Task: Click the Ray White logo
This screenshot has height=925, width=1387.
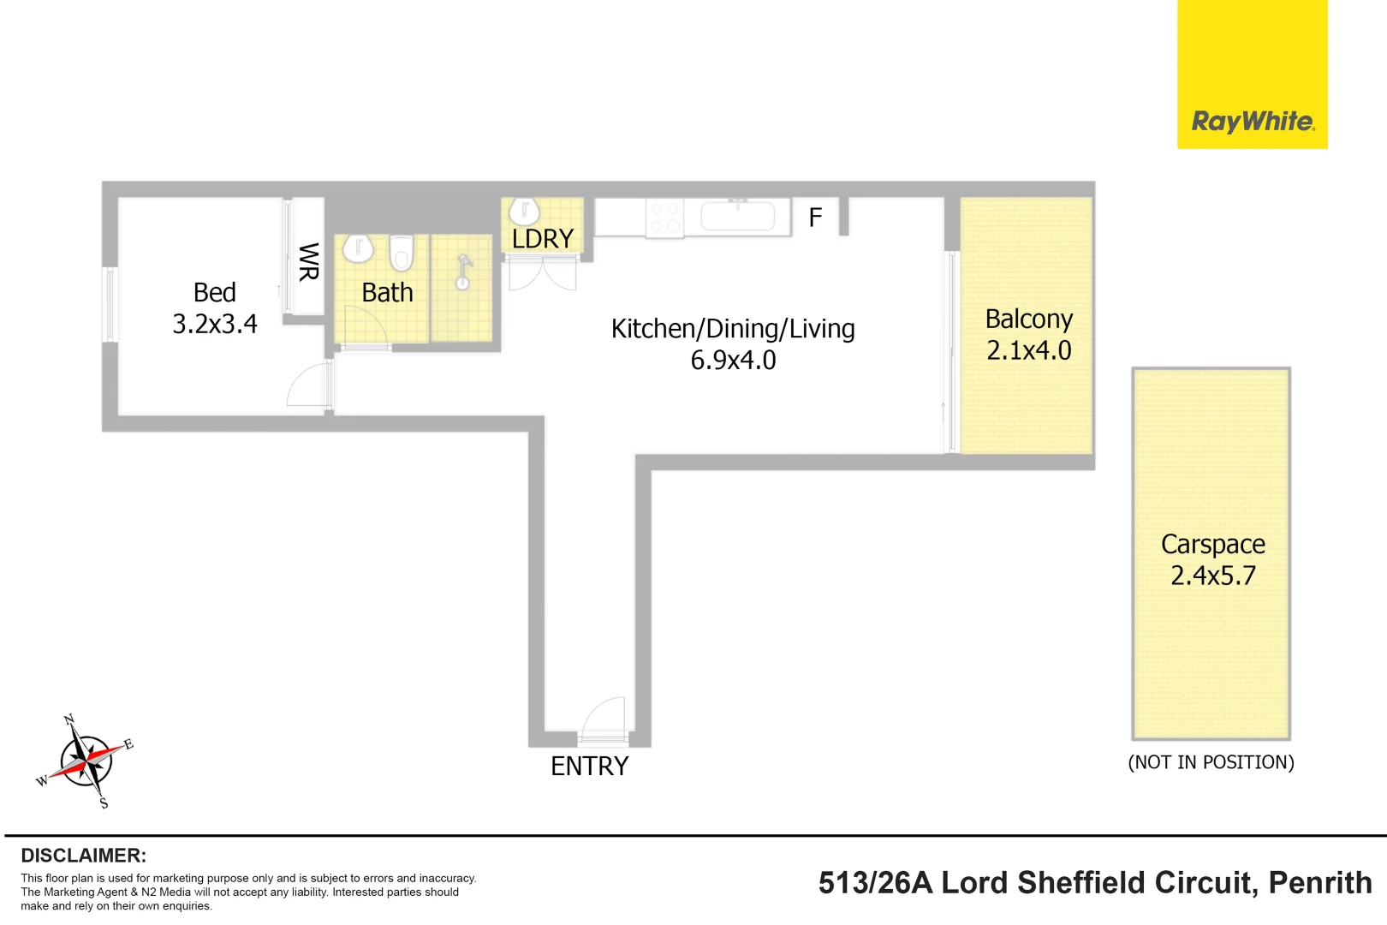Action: pyautogui.click(x=1252, y=75)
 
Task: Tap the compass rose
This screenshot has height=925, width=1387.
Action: pyautogui.click(x=86, y=761)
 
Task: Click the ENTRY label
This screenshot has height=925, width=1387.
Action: pyautogui.click(x=589, y=767)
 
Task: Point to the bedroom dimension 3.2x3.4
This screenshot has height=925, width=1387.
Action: pyautogui.click(x=214, y=324)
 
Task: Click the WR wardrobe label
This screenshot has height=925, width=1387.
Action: pyautogui.click(x=308, y=262)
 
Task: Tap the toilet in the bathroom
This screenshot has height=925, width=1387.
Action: pyautogui.click(x=402, y=252)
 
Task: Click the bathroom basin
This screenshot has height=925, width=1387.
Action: pyautogui.click(x=358, y=248)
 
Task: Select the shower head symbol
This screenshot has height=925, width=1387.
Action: pyautogui.click(x=463, y=273)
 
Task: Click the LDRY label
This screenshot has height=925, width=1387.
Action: pyautogui.click(x=543, y=238)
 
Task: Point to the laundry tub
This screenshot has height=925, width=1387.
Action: pyautogui.click(x=524, y=212)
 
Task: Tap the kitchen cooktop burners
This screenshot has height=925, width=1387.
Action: pyautogui.click(x=665, y=218)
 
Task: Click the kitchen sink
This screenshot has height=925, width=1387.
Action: pyautogui.click(x=737, y=217)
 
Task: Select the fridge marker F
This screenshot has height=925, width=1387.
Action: pyautogui.click(x=815, y=218)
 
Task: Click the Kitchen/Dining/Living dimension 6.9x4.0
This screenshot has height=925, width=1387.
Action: pyautogui.click(x=733, y=360)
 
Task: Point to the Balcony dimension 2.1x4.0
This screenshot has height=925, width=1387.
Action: pyautogui.click(x=1028, y=350)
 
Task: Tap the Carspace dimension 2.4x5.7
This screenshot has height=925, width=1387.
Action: pyautogui.click(x=1213, y=576)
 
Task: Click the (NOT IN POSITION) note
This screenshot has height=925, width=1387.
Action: pyautogui.click(x=1211, y=762)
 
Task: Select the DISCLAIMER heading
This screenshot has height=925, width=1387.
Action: pyautogui.click(x=84, y=856)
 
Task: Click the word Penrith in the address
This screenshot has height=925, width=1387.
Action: pyautogui.click(x=1320, y=883)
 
